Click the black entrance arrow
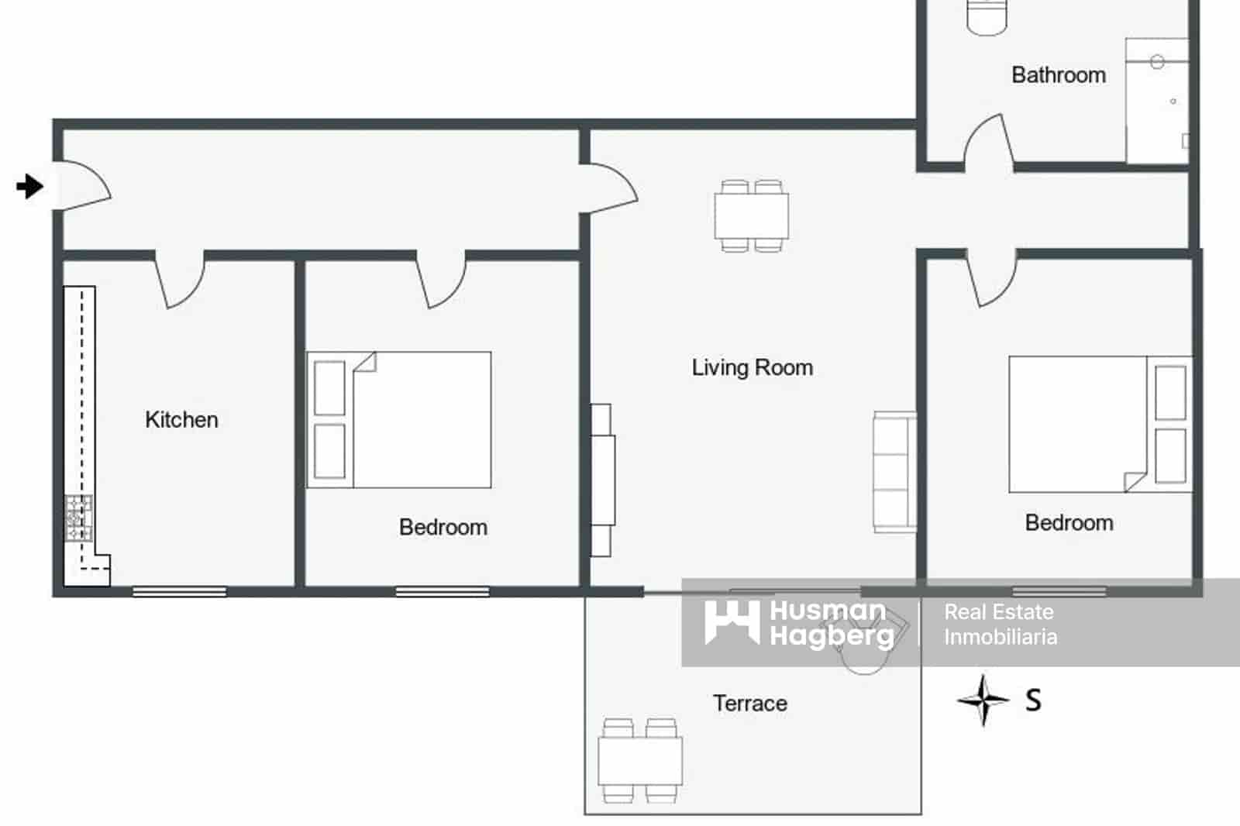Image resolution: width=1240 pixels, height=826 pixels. pos(30,186)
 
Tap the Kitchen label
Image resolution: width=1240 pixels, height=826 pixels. pos(181,420)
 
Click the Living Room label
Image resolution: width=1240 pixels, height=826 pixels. pos(752,367)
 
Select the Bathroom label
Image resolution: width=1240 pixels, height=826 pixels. pos(1058,75)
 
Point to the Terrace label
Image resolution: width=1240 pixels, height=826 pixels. pos(749,704)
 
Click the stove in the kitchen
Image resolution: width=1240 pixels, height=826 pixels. pos(78,518)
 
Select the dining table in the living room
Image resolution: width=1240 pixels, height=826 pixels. pos(751,216)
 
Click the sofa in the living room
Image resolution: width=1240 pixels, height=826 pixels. pos(894,471)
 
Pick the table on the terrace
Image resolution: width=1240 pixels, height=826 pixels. pos(639,761)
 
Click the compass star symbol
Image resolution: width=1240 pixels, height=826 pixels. pos(983,700)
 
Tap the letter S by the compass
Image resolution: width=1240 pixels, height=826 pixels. pos(1033,700)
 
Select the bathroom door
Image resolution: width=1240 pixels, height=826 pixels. pos(987,143)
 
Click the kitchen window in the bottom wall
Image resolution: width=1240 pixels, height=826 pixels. pos(179,591)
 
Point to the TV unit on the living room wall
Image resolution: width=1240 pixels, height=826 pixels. pos(602,480)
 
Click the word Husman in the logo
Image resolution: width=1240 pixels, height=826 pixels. pos(827,611)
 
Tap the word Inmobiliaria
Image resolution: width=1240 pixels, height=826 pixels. pos(1000,637)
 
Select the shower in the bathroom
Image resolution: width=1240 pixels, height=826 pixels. pos(1156,101)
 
